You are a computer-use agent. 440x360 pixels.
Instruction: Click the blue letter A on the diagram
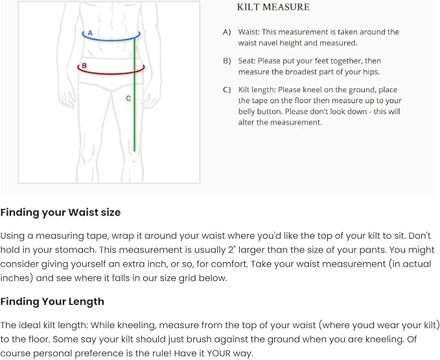coord(90,33)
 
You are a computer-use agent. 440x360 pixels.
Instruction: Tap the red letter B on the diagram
coord(84,66)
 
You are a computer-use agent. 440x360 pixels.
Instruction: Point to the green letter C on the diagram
coord(128,99)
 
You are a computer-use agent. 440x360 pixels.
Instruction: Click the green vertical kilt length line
coord(134,95)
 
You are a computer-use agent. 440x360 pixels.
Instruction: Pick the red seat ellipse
coord(111,73)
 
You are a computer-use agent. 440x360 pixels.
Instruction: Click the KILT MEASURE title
coord(273,7)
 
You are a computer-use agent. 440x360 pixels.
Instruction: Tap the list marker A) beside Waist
coord(227,32)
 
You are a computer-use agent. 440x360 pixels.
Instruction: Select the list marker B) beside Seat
coord(227,61)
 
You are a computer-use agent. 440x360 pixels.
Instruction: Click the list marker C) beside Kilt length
coord(227,90)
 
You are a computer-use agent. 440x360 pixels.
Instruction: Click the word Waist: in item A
coord(249,32)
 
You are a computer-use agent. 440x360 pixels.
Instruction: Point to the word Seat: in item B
coord(247,61)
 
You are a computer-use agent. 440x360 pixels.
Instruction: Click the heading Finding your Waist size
coord(60,212)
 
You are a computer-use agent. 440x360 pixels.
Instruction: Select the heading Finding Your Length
coord(52,302)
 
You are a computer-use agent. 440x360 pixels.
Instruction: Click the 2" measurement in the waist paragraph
coord(231,250)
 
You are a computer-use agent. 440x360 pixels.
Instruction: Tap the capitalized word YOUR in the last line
coord(218,353)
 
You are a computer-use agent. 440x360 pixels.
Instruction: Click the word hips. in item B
coord(371,72)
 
